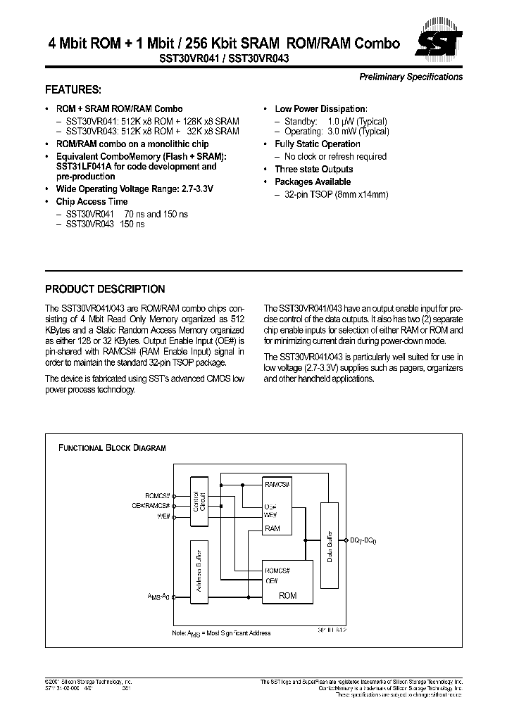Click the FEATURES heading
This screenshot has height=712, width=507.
tap(73, 90)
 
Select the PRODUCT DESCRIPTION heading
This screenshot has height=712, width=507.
tap(105, 289)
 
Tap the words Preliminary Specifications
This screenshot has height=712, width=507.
tap(411, 77)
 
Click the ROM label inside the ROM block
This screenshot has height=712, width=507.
tap(288, 596)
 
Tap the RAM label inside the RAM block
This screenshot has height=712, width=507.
tap(273, 528)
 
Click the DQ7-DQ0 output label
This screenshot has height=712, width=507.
tap(365, 540)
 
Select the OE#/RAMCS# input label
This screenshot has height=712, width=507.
tap(151, 505)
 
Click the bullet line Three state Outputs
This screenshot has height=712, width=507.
tap(314, 170)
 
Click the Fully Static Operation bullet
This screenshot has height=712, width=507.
tap(318, 144)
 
